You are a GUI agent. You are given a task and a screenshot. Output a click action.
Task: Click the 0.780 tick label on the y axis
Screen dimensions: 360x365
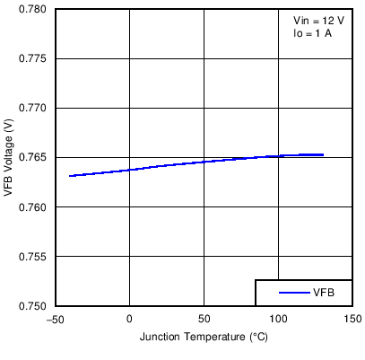[x=34, y=9]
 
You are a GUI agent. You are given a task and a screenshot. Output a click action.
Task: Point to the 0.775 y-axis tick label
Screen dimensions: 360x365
[x=34, y=58]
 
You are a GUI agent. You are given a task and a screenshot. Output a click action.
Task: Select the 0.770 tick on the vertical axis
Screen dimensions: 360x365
[x=34, y=108]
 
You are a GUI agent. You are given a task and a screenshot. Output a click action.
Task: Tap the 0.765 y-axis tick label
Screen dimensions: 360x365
[x=34, y=157]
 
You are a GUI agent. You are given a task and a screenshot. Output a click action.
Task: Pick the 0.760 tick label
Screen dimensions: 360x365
[x=34, y=206]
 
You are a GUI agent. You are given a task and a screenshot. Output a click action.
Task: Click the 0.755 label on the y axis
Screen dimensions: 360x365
[x=34, y=256]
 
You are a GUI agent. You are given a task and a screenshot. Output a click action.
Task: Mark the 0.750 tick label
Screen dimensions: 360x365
[x=34, y=306]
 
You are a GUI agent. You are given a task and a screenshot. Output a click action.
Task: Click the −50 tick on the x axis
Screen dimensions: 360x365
[x=55, y=319]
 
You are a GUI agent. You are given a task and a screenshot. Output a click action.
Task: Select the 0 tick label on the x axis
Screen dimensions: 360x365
[x=129, y=319]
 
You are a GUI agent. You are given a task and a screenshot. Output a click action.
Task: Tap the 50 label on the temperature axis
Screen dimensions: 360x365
[x=204, y=319]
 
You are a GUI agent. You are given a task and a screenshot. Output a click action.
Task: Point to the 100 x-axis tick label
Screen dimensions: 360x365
[x=278, y=319]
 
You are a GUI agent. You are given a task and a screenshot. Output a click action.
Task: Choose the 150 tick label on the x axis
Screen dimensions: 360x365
[x=352, y=319]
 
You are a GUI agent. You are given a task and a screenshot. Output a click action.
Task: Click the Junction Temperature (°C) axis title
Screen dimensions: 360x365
[x=204, y=337]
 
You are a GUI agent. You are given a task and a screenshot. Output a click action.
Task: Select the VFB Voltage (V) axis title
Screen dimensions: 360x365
[x=9, y=158]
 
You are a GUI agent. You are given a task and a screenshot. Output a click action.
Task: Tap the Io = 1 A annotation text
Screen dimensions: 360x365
[x=313, y=33]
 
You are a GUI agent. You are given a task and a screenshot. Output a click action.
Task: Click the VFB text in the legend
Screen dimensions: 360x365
[x=324, y=293]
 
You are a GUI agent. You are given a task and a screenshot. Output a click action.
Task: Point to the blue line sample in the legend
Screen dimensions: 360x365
[x=294, y=293]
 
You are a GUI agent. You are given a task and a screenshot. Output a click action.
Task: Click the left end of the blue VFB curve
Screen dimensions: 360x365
[x=70, y=176]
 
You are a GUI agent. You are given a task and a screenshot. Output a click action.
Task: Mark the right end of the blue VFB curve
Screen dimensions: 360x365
[x=323, y=154]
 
